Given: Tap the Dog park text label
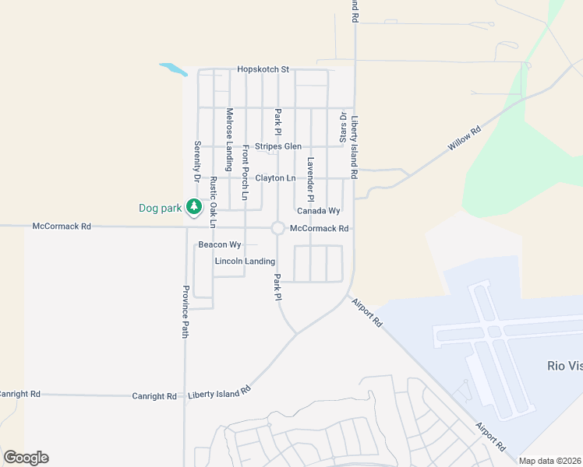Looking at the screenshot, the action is point(160,208).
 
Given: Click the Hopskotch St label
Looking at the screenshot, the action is point(263,69).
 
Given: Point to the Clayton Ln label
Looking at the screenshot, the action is point(276,178).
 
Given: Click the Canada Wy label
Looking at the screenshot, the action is point(319,211).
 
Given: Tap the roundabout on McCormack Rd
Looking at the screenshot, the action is point(277,228).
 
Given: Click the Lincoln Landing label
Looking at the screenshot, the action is point(245,261).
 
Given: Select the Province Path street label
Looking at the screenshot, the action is point(185,311).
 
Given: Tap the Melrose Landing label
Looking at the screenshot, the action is point(229,139).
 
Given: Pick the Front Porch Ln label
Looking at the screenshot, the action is point(245,173).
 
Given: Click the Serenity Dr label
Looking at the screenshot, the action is point(197,162).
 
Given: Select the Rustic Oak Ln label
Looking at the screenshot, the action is point(213,202).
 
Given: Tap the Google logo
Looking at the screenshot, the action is point(26,458).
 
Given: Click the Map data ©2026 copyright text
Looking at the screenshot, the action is point(550,461).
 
